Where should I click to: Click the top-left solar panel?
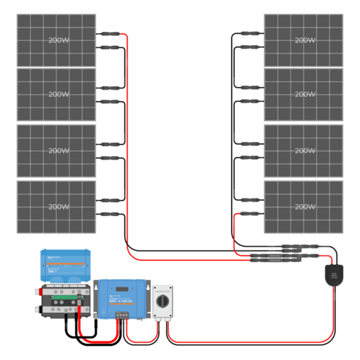coord(56,40)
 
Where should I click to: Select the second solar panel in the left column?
coord(56,94)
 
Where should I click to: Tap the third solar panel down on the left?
coord(56,151)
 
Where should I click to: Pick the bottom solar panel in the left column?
coord(56,207)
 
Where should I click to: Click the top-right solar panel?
coord(303,40)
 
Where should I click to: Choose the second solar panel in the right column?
coord(303,94)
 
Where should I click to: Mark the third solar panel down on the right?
coord(303,151)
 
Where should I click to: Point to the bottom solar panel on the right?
coord(303,207)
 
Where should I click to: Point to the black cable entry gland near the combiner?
coord(334,274)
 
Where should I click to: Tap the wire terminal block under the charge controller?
coord(122,315)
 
